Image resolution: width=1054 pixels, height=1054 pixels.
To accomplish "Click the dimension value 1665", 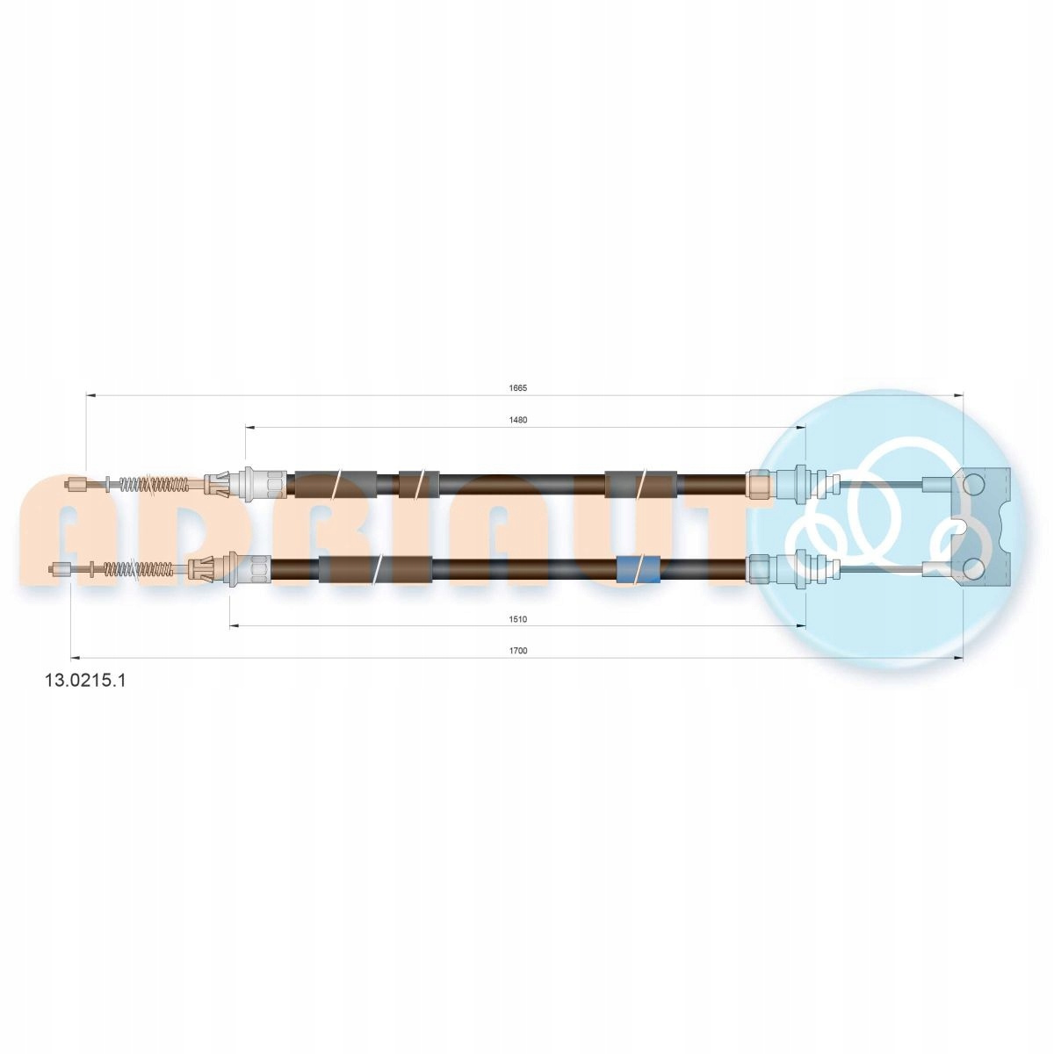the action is tap(517, 388).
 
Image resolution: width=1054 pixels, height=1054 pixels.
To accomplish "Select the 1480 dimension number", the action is tap(517, 420).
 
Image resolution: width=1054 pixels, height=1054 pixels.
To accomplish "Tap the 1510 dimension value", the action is tap(517, 619).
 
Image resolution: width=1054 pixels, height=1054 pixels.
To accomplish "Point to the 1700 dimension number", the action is tap(517, 651).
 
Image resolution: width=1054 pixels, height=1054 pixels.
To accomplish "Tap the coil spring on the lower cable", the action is tap(139, 569).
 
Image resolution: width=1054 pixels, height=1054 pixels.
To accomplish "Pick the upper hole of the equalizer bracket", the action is tap(972, 485).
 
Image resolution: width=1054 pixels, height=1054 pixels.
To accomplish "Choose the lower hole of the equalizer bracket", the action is tap(972, 569).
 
